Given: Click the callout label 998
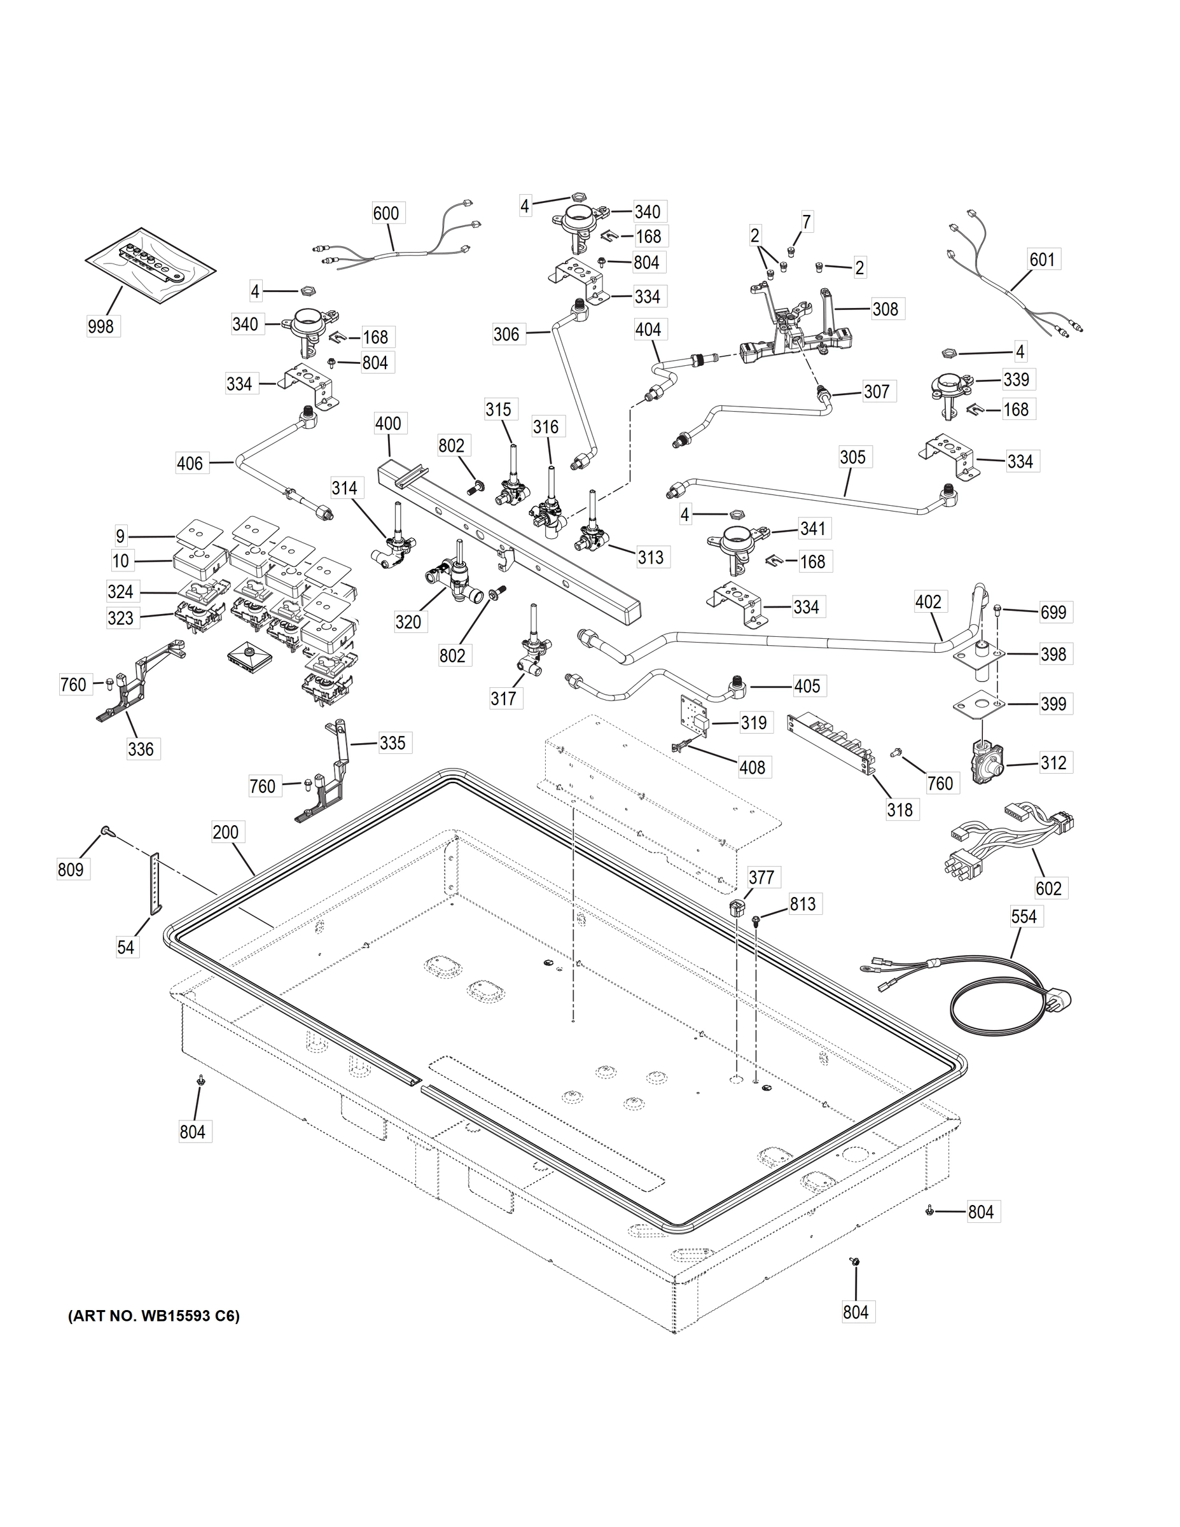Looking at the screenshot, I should tap(101, 326).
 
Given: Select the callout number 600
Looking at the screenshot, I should tap(386, 213).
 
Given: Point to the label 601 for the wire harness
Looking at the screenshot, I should tap(1041, 260).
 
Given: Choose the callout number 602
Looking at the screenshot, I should tap(1048, 888).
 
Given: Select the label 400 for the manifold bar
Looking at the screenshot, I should tap(388, 423).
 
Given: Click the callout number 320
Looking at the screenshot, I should tap(408, 622).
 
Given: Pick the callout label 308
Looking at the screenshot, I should tap(885, 309).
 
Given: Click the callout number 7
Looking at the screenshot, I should tap(807, 222).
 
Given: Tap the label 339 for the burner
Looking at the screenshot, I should tap(1017, 379).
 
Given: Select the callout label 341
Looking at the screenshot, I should tap(812, 529).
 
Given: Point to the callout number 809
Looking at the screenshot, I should tap(71, 869).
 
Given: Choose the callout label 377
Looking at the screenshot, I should tap(761, 877).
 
